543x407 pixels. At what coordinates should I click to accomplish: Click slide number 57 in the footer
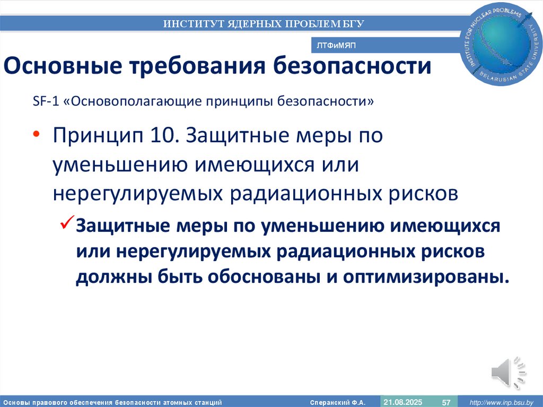(x=446, y=403)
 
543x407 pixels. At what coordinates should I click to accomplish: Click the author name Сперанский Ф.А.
(x=337, y=403)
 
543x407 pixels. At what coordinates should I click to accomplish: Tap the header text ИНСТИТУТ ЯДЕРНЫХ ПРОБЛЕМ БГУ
(x=264, y=23)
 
